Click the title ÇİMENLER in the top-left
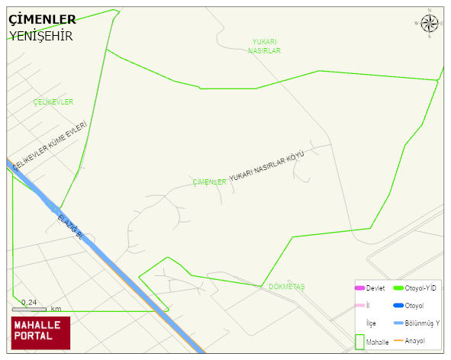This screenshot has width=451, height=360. coord(42,19)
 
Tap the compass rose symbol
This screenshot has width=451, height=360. coord(430,24)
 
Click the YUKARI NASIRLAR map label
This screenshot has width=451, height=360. coord(265,46)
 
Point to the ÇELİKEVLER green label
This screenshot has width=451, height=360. coord(53,101)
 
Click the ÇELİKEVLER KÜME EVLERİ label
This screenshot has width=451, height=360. coord(50,145)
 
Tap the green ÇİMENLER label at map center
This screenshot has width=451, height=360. coord(209,182)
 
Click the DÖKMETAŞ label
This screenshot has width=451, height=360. coord(287,287)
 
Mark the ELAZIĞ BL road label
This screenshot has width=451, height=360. coord(70,227)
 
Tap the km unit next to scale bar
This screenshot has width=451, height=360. coord(56,309)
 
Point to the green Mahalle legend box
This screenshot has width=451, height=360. coord(359,342)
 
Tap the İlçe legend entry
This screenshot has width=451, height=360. coord(371,323)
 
